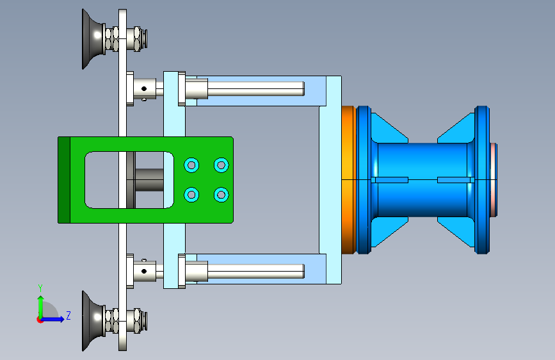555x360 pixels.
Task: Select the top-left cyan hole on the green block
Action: (191, 165)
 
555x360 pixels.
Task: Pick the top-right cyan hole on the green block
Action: (221, 165)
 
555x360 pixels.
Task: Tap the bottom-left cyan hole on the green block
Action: (191, 195)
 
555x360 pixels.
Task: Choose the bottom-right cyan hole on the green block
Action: (221, 195)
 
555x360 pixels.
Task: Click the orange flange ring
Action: (349, 179)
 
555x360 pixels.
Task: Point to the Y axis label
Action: (40, 288)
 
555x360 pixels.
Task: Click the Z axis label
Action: (68, 315)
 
